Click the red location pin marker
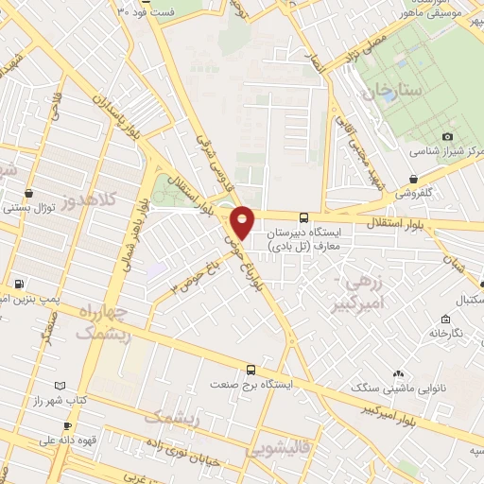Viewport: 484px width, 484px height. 243,221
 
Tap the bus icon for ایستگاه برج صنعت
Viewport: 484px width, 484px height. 251,370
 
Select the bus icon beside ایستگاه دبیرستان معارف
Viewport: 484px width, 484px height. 303,216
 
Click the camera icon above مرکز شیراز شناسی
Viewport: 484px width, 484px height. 447,137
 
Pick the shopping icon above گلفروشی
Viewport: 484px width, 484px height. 414,179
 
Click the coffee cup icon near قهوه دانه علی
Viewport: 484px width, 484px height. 66,426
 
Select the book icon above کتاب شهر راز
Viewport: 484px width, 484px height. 61,386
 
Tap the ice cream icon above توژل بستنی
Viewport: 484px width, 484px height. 31,192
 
